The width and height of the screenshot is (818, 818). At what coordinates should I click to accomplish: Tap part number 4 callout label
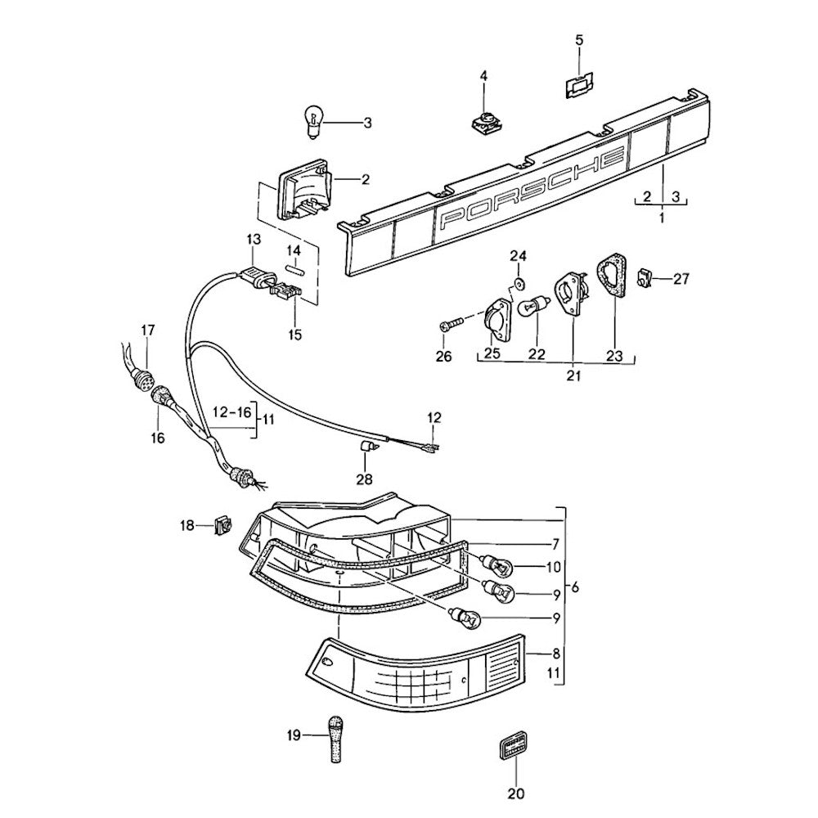483,76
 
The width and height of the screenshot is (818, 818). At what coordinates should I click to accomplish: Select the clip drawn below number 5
580,85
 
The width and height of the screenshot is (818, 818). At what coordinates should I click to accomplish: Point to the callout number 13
253,239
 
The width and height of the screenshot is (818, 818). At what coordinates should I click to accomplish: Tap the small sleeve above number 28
366,445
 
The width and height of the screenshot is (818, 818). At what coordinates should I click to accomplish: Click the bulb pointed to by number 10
496,564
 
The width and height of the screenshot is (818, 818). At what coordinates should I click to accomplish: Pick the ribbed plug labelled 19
336,739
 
